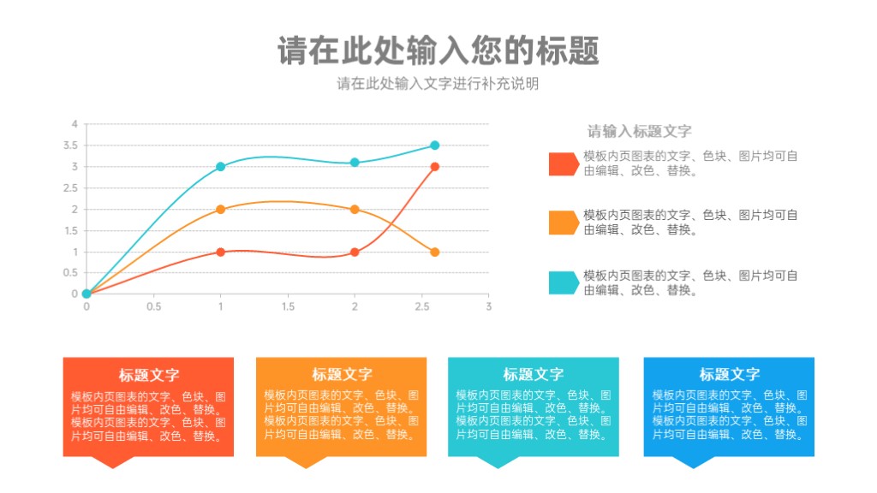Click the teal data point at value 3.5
434,146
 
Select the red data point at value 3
434,167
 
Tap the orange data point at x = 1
220,210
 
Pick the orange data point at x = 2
355,210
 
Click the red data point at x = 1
220,252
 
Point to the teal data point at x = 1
220,167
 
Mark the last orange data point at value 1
434,252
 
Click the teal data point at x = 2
355,163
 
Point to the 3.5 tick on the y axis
70,146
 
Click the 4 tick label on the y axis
75,124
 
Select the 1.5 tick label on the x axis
288,306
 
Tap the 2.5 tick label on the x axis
422,306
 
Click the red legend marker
564,164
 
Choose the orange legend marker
564,223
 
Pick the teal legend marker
564,282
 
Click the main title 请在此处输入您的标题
438,50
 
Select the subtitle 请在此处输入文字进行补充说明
438,84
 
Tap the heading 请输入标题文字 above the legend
639,131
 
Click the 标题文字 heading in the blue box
730,374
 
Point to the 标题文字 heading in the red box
149,375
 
